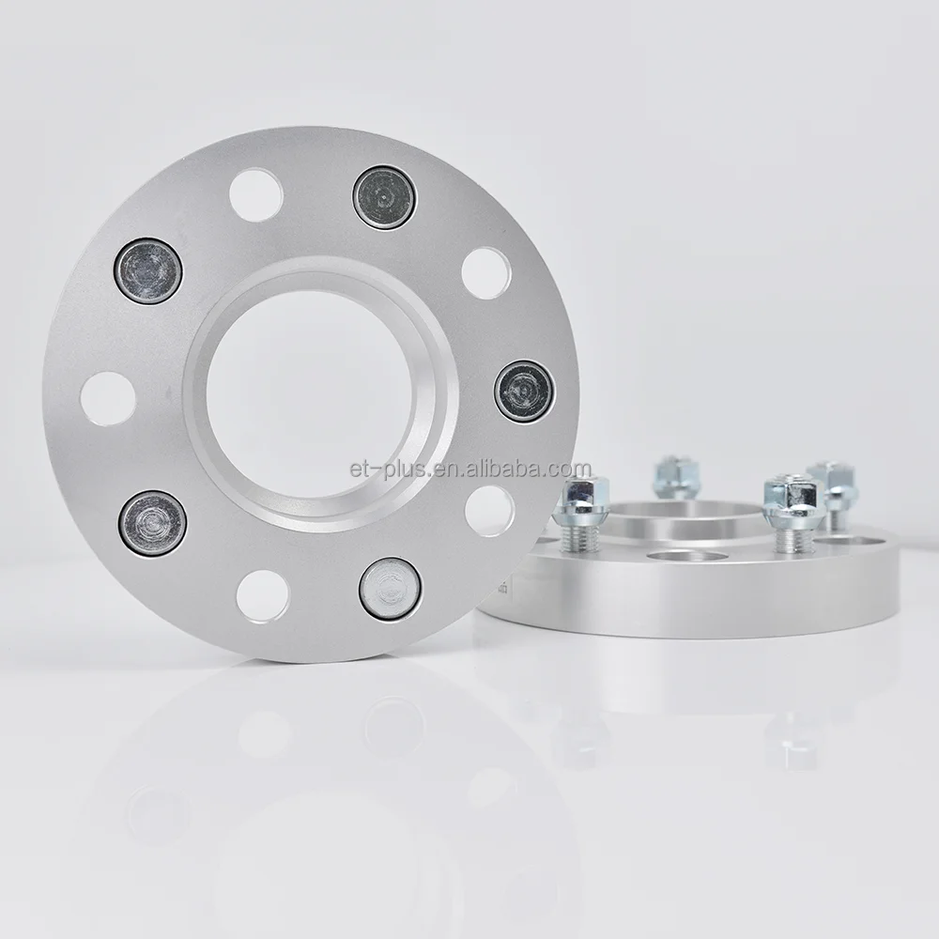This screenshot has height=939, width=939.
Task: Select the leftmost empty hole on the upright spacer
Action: click(x=108, y=398)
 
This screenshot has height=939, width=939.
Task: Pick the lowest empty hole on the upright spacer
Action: click(x=263, y=595)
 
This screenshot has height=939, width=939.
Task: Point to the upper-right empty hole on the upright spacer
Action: click(x=486, y=273)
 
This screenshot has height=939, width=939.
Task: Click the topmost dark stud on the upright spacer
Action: click(x=385, y=197)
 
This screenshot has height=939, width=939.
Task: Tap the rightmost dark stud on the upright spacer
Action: click(x=522, y=391)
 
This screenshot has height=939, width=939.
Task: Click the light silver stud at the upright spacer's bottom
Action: click(x=390, y=588)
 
